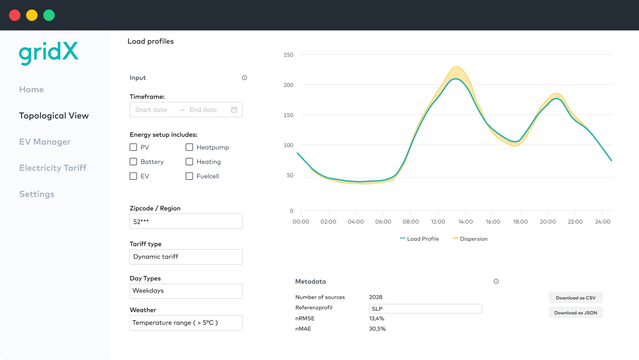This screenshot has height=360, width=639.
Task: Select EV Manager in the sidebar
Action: [x=45, y=142]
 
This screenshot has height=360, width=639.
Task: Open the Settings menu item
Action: [x=37, y=194]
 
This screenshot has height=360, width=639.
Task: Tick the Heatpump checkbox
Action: [x=189, y=147]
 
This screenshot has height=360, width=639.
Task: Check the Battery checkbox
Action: [x=133, y=161]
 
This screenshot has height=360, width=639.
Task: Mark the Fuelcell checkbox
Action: [x=189, y=176]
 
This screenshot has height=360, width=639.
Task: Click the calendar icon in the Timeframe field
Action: [x=234, y=110]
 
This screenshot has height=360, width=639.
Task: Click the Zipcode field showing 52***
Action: [x=186, y=221]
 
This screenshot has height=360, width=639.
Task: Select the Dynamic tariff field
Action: [x=186, y=257]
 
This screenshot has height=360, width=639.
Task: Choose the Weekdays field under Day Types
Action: [x=186, y=291]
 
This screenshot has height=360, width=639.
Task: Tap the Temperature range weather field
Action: [x=186, y=323]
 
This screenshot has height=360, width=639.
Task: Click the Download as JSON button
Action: [x=575, y=312]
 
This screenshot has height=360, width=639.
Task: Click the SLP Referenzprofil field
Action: [x=425, y=309]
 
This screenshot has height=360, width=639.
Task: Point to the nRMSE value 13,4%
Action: [x=377, y=318]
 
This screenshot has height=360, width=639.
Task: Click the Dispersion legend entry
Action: [x=470, y=239]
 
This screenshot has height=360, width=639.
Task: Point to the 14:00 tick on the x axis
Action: [x=465, y=222]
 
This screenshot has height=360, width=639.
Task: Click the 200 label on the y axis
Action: [x=288, y=85]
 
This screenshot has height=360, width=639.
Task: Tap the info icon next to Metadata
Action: [x=496, y=281]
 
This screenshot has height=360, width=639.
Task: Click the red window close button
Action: [x=15, y=15]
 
